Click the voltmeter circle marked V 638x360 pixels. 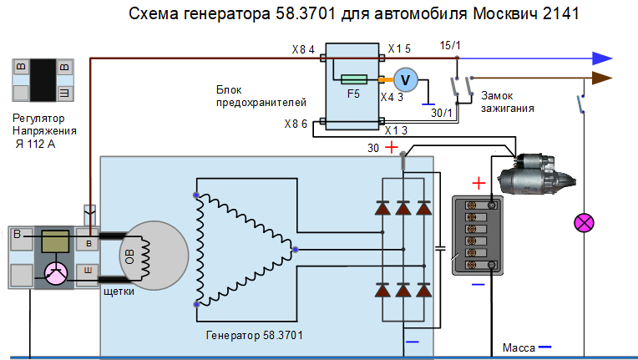pos(405,79)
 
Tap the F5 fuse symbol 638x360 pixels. pos(354,79)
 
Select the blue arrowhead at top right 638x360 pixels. pos(602,58)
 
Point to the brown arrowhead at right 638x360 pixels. pos(602,78)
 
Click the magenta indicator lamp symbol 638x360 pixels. pos(584,223)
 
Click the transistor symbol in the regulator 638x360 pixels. pos(56,273)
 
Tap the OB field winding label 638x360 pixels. pos(129,256)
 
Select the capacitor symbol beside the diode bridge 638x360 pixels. pos(440,248)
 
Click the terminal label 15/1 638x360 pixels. pos(450,46)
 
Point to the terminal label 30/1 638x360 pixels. pos(442,113)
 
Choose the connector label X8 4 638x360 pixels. pos(303,49)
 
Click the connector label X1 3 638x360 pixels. pos(396,130)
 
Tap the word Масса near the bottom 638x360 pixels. pos(519,347)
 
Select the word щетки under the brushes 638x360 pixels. pos(119,292)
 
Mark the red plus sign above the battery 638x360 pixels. pos(478,183)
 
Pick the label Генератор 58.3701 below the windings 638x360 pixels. pos(255,335)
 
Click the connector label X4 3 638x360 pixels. pos(392,97)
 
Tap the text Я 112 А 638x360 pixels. pos(35,144)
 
